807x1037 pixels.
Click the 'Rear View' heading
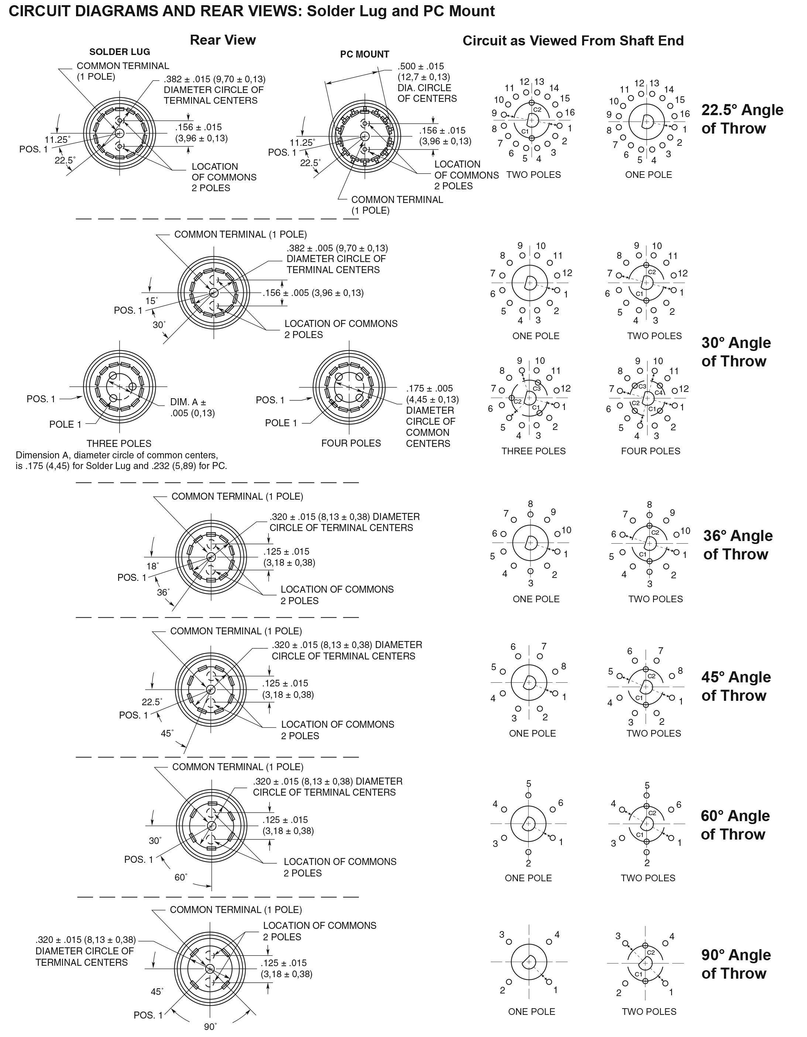[223, 40]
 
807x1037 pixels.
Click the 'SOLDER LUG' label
[120, 52]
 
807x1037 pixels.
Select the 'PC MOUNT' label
[364, 54]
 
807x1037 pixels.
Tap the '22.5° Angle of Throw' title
[742, 119]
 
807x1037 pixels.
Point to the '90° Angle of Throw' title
[736, 964]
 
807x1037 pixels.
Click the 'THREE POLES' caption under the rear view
[119, 444]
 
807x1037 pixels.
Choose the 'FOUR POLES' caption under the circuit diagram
[650, 451]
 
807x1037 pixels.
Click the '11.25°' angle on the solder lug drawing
[57, 139]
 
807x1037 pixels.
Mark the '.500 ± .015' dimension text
[420, 66]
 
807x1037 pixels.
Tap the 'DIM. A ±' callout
[188, 402]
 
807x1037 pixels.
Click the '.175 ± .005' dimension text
[429, 388]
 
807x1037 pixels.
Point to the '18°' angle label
[152, 566]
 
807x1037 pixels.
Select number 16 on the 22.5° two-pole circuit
[570, 113]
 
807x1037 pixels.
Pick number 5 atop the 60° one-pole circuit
[529, 784]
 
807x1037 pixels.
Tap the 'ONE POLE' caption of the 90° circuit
[532, 1012]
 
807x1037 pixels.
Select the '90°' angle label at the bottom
[210, 1027]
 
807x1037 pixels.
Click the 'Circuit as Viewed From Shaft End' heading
[573, 41]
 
